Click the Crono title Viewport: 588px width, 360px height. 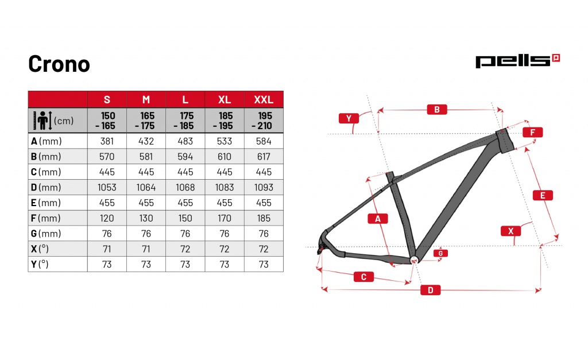coord(59,64)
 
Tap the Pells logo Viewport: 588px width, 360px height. coord(517,61)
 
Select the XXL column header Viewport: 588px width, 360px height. coord(264,100)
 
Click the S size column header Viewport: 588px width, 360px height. coord(107,100)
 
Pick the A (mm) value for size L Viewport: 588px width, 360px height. coord(185,141)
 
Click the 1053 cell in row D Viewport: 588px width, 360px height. coord(107,187)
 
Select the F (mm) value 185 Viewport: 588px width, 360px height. coord(264,218)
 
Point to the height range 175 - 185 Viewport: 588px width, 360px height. coord(185,121)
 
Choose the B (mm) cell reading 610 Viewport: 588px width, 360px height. coord(225,156)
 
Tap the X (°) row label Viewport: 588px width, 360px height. coord(40,249)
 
